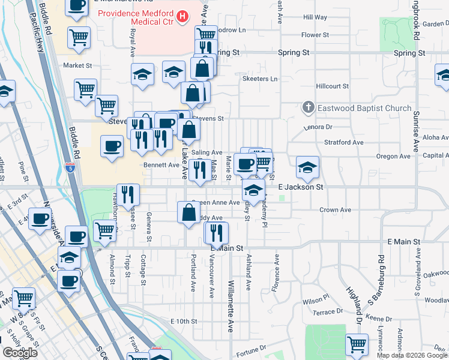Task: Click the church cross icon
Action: click(x=308, y=108)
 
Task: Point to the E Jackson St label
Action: click(x=301, y=187)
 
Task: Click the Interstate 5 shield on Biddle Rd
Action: click(x=70, y=168)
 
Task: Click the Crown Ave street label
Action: click(x=335, y=210)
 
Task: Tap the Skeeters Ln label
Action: click(x=260, y=79)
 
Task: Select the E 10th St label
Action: click(x=184, y=322)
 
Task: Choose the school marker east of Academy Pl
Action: click(x=307, y=166)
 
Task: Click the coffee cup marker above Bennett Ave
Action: click(x=112, y=146)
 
